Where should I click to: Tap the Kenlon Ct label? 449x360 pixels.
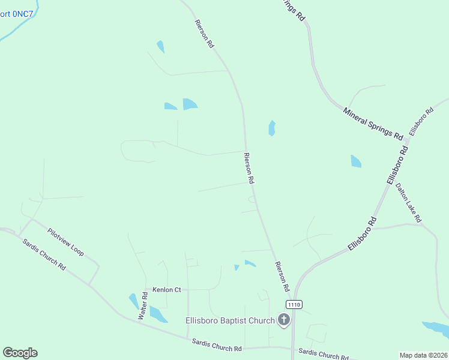coord(166,290)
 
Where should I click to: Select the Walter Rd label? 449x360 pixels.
coord(143,305)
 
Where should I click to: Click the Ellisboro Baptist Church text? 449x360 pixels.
coord(229,320)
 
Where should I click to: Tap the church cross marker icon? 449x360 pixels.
coord(283,320)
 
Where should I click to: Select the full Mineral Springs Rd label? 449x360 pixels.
coord(373,123)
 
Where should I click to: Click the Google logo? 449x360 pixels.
coord(20,353)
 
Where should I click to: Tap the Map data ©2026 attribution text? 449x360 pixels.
coord(423,355)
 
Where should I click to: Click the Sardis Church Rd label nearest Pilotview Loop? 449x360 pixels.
coord(44,254)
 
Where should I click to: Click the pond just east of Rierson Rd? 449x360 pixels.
coord(272,128)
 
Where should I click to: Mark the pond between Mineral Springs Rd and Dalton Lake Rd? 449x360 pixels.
coord(356,161)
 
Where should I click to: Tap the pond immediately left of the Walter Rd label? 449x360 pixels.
coord(134,301)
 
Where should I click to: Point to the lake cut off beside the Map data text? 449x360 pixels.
coord(436,328)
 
